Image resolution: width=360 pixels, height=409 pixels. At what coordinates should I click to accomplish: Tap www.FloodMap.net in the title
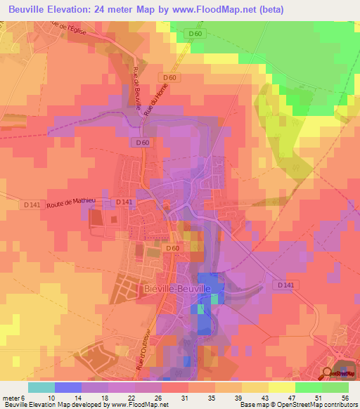pyautogui.click(x=230, y=9)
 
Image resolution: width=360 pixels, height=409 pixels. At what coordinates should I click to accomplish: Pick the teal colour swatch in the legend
pyautogui.click(x=41, y=387)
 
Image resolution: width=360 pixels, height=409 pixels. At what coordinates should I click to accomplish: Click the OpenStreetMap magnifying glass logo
pyautogui.click(x=328, y=373)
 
